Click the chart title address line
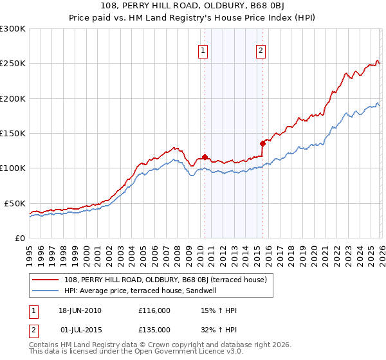point(193,6)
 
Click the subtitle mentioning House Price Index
point(193,17)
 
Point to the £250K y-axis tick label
point(13,64)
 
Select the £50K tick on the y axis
point(15,203)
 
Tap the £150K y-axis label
point(13,134)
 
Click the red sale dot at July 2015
point(262,143)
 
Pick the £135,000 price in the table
point(154,329)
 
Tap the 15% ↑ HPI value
point(219,311)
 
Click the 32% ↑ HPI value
point(219,329)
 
